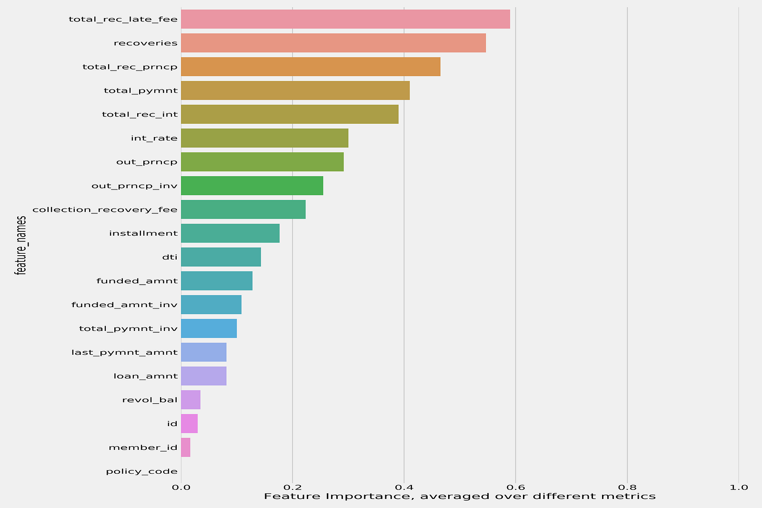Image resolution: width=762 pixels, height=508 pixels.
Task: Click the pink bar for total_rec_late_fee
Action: [345, 19]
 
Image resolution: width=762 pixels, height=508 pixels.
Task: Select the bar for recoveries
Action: [333, 43]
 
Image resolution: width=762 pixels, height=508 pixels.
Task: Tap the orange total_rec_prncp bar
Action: [311, 67]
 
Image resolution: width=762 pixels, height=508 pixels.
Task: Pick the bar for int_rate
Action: [264, 138]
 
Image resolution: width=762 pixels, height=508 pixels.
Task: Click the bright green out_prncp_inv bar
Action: [252, 186]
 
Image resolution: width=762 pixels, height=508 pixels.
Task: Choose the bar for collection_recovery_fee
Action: [243, 209]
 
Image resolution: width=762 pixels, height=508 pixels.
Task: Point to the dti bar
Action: [221, 257]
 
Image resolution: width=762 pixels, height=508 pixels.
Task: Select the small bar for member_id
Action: [186, 448]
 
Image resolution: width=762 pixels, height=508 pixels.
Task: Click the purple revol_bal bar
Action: [190, 400]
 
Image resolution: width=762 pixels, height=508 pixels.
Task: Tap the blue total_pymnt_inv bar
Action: [209, 329]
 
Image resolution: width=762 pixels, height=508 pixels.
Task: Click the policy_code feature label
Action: [142, 472]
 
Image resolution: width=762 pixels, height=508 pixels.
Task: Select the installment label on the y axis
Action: [143, 233]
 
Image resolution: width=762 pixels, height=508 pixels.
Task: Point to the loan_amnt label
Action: [146, 376]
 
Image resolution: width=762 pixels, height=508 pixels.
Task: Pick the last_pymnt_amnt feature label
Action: [125, 352]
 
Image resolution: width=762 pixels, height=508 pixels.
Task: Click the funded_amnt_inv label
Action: [125, 305]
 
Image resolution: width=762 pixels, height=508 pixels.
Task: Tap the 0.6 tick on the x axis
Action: [515, 487]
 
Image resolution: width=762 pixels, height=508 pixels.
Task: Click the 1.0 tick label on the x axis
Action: [738, 487]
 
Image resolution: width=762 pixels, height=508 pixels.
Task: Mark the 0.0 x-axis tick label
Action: [181, 487]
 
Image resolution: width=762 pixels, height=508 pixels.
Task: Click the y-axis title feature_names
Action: [20, 245]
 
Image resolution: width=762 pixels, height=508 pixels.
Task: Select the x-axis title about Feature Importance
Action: [460, 497]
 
